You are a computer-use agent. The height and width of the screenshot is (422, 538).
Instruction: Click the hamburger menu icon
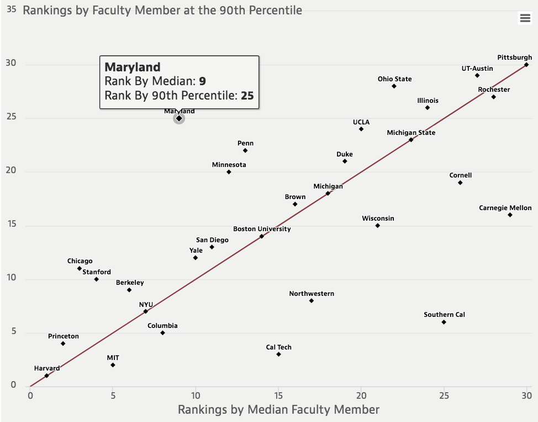(x=525, y=18)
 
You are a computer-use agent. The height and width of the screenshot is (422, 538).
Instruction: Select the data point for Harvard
(x=46, y=376)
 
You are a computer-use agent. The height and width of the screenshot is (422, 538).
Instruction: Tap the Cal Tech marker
(x=278, y=354)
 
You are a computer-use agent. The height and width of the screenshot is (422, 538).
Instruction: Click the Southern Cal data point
(x=444, y=322)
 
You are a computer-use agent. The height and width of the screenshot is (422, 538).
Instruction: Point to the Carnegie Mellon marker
(x=510, y=215)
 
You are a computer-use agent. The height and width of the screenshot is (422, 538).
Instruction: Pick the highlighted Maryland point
(x=179, y=118)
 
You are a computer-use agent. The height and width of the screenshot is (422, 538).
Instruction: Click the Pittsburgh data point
(x=526, y=64)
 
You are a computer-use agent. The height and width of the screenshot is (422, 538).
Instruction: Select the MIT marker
(x=113, y=365)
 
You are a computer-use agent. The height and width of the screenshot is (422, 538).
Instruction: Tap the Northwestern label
(x=312, y=294)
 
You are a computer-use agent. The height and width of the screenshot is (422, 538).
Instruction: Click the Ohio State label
(x=394, y=79)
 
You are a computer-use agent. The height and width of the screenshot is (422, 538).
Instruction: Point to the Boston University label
(x=262, y=228)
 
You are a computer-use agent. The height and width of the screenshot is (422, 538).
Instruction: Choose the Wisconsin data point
(x=377, y=225)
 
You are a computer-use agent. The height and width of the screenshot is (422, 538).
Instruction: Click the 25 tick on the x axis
(x=444, y=395)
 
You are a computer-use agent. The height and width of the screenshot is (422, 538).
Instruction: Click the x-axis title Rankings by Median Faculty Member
(x=278, y=410)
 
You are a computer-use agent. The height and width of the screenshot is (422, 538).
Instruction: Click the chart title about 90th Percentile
(x=162, y=10)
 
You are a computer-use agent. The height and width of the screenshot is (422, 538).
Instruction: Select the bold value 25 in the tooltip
(x=247, y=96)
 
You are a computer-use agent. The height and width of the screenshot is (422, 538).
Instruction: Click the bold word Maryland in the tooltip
(x=133, y=67)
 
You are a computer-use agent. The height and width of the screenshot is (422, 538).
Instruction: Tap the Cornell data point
(x=460, y=183)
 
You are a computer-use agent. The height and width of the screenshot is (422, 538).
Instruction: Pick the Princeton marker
(x=63, y=343)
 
